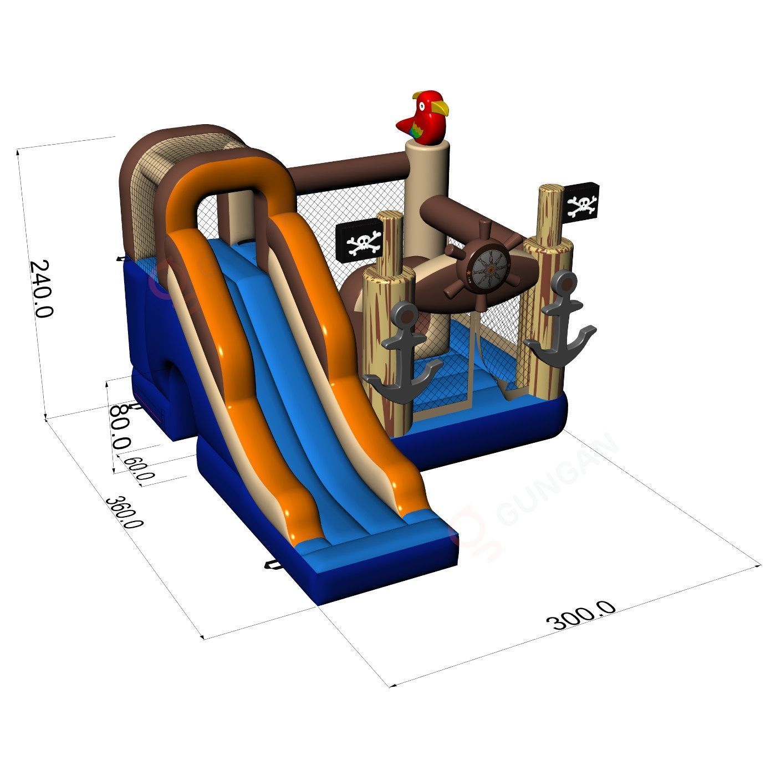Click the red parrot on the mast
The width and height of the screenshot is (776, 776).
(x=423, y=117)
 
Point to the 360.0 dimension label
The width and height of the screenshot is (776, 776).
(x=124, y=512)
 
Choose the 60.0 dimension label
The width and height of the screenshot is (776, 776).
(x=139, y=467)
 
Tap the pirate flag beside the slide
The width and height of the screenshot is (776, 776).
(x=359, y=240)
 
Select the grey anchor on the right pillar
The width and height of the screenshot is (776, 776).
(x=560, y=318)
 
